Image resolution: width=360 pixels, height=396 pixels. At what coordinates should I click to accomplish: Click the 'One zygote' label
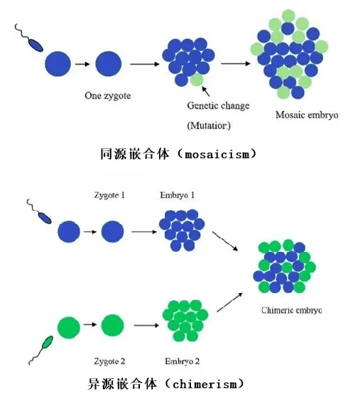pos(108,96)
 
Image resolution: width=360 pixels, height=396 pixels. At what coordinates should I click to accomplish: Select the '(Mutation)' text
pos(209,126)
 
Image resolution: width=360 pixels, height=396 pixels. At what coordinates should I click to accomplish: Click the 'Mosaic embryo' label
pos(307,115)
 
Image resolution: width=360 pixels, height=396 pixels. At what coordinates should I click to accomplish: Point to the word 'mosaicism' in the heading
pos(217,154)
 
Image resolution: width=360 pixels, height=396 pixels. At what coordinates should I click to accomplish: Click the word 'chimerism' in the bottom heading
pos(205,384)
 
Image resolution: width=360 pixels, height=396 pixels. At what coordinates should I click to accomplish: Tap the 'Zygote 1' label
pos(109,195)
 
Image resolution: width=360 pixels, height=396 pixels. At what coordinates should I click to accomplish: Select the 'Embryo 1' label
pos(178,195)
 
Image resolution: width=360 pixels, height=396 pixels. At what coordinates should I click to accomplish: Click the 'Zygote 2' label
pos(109,361)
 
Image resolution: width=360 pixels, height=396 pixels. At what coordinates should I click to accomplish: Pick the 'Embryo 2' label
pos(182,361)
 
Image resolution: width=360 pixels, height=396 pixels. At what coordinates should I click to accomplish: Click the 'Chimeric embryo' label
pos(292,310)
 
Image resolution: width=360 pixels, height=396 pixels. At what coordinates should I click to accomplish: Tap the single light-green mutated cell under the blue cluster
pos(197,80)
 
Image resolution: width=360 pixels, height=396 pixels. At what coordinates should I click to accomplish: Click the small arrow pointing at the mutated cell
pos(206,92)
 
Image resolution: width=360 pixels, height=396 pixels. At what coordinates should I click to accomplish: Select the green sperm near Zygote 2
pos(40,351)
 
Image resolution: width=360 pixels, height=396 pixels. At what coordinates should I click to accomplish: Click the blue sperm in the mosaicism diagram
pos(28,38)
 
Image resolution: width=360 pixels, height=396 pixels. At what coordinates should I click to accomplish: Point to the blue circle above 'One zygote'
pos(109,64)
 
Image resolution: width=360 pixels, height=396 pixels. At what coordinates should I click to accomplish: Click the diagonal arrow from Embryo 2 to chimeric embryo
pos(229,302)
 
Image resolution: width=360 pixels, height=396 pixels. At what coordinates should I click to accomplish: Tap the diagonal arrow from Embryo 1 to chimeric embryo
pos(225,241)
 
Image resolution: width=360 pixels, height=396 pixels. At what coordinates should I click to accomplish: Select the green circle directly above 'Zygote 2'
pos(113,325)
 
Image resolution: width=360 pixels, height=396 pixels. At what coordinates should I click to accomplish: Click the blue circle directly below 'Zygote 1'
pos(113,231)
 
